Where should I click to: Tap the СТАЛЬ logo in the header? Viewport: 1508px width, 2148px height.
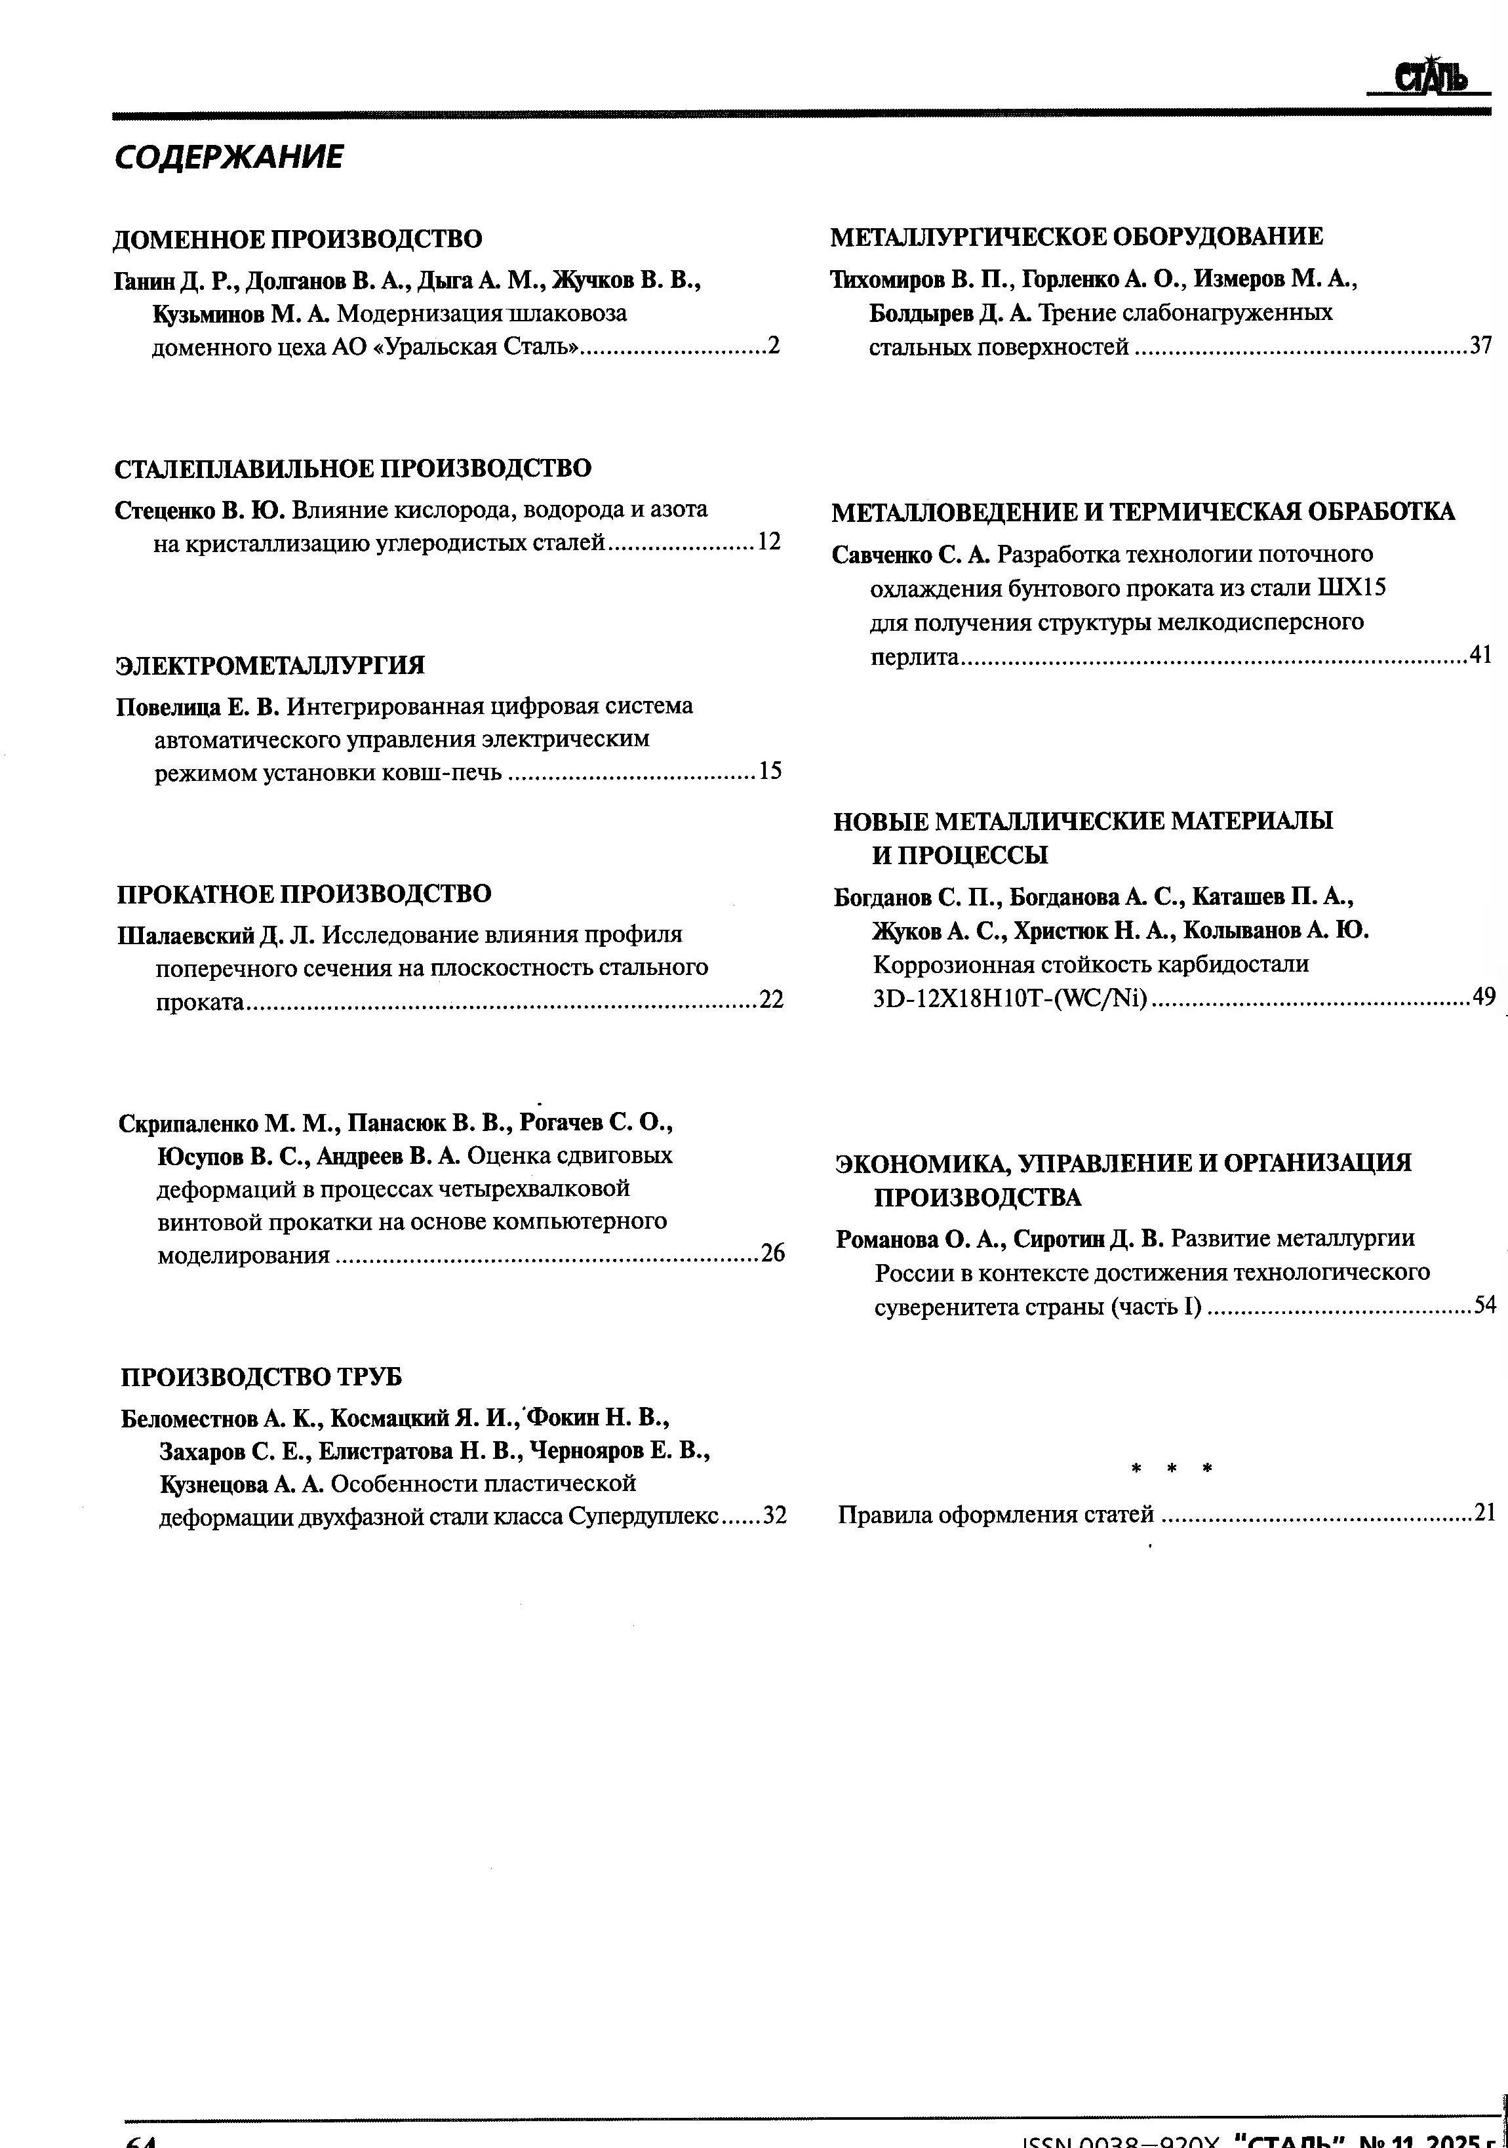coord(1431,79)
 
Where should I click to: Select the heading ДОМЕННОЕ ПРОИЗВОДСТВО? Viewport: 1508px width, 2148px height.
coord(298,239)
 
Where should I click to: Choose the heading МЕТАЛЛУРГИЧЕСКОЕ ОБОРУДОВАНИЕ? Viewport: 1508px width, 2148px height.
coord(1076,237)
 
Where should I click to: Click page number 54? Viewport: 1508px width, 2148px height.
coord(1484,1305)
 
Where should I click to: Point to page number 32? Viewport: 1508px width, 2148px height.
coord(774,1515)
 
